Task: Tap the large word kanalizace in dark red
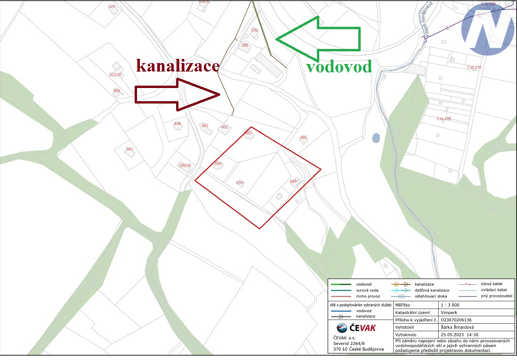tap(178, 65)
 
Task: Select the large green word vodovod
tap(339, 66)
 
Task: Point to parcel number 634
tap(239, 183)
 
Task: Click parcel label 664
tap(293, 181)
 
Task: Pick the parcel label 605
tap(303, 137)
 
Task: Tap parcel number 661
tap(130, 149)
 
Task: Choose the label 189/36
tap(185, 165)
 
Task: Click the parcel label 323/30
tap(115, 74)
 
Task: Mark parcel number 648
tap(178, 124)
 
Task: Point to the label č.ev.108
tap(444, 119)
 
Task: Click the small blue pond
tap(376, 138)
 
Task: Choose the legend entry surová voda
tap(367, 290)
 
